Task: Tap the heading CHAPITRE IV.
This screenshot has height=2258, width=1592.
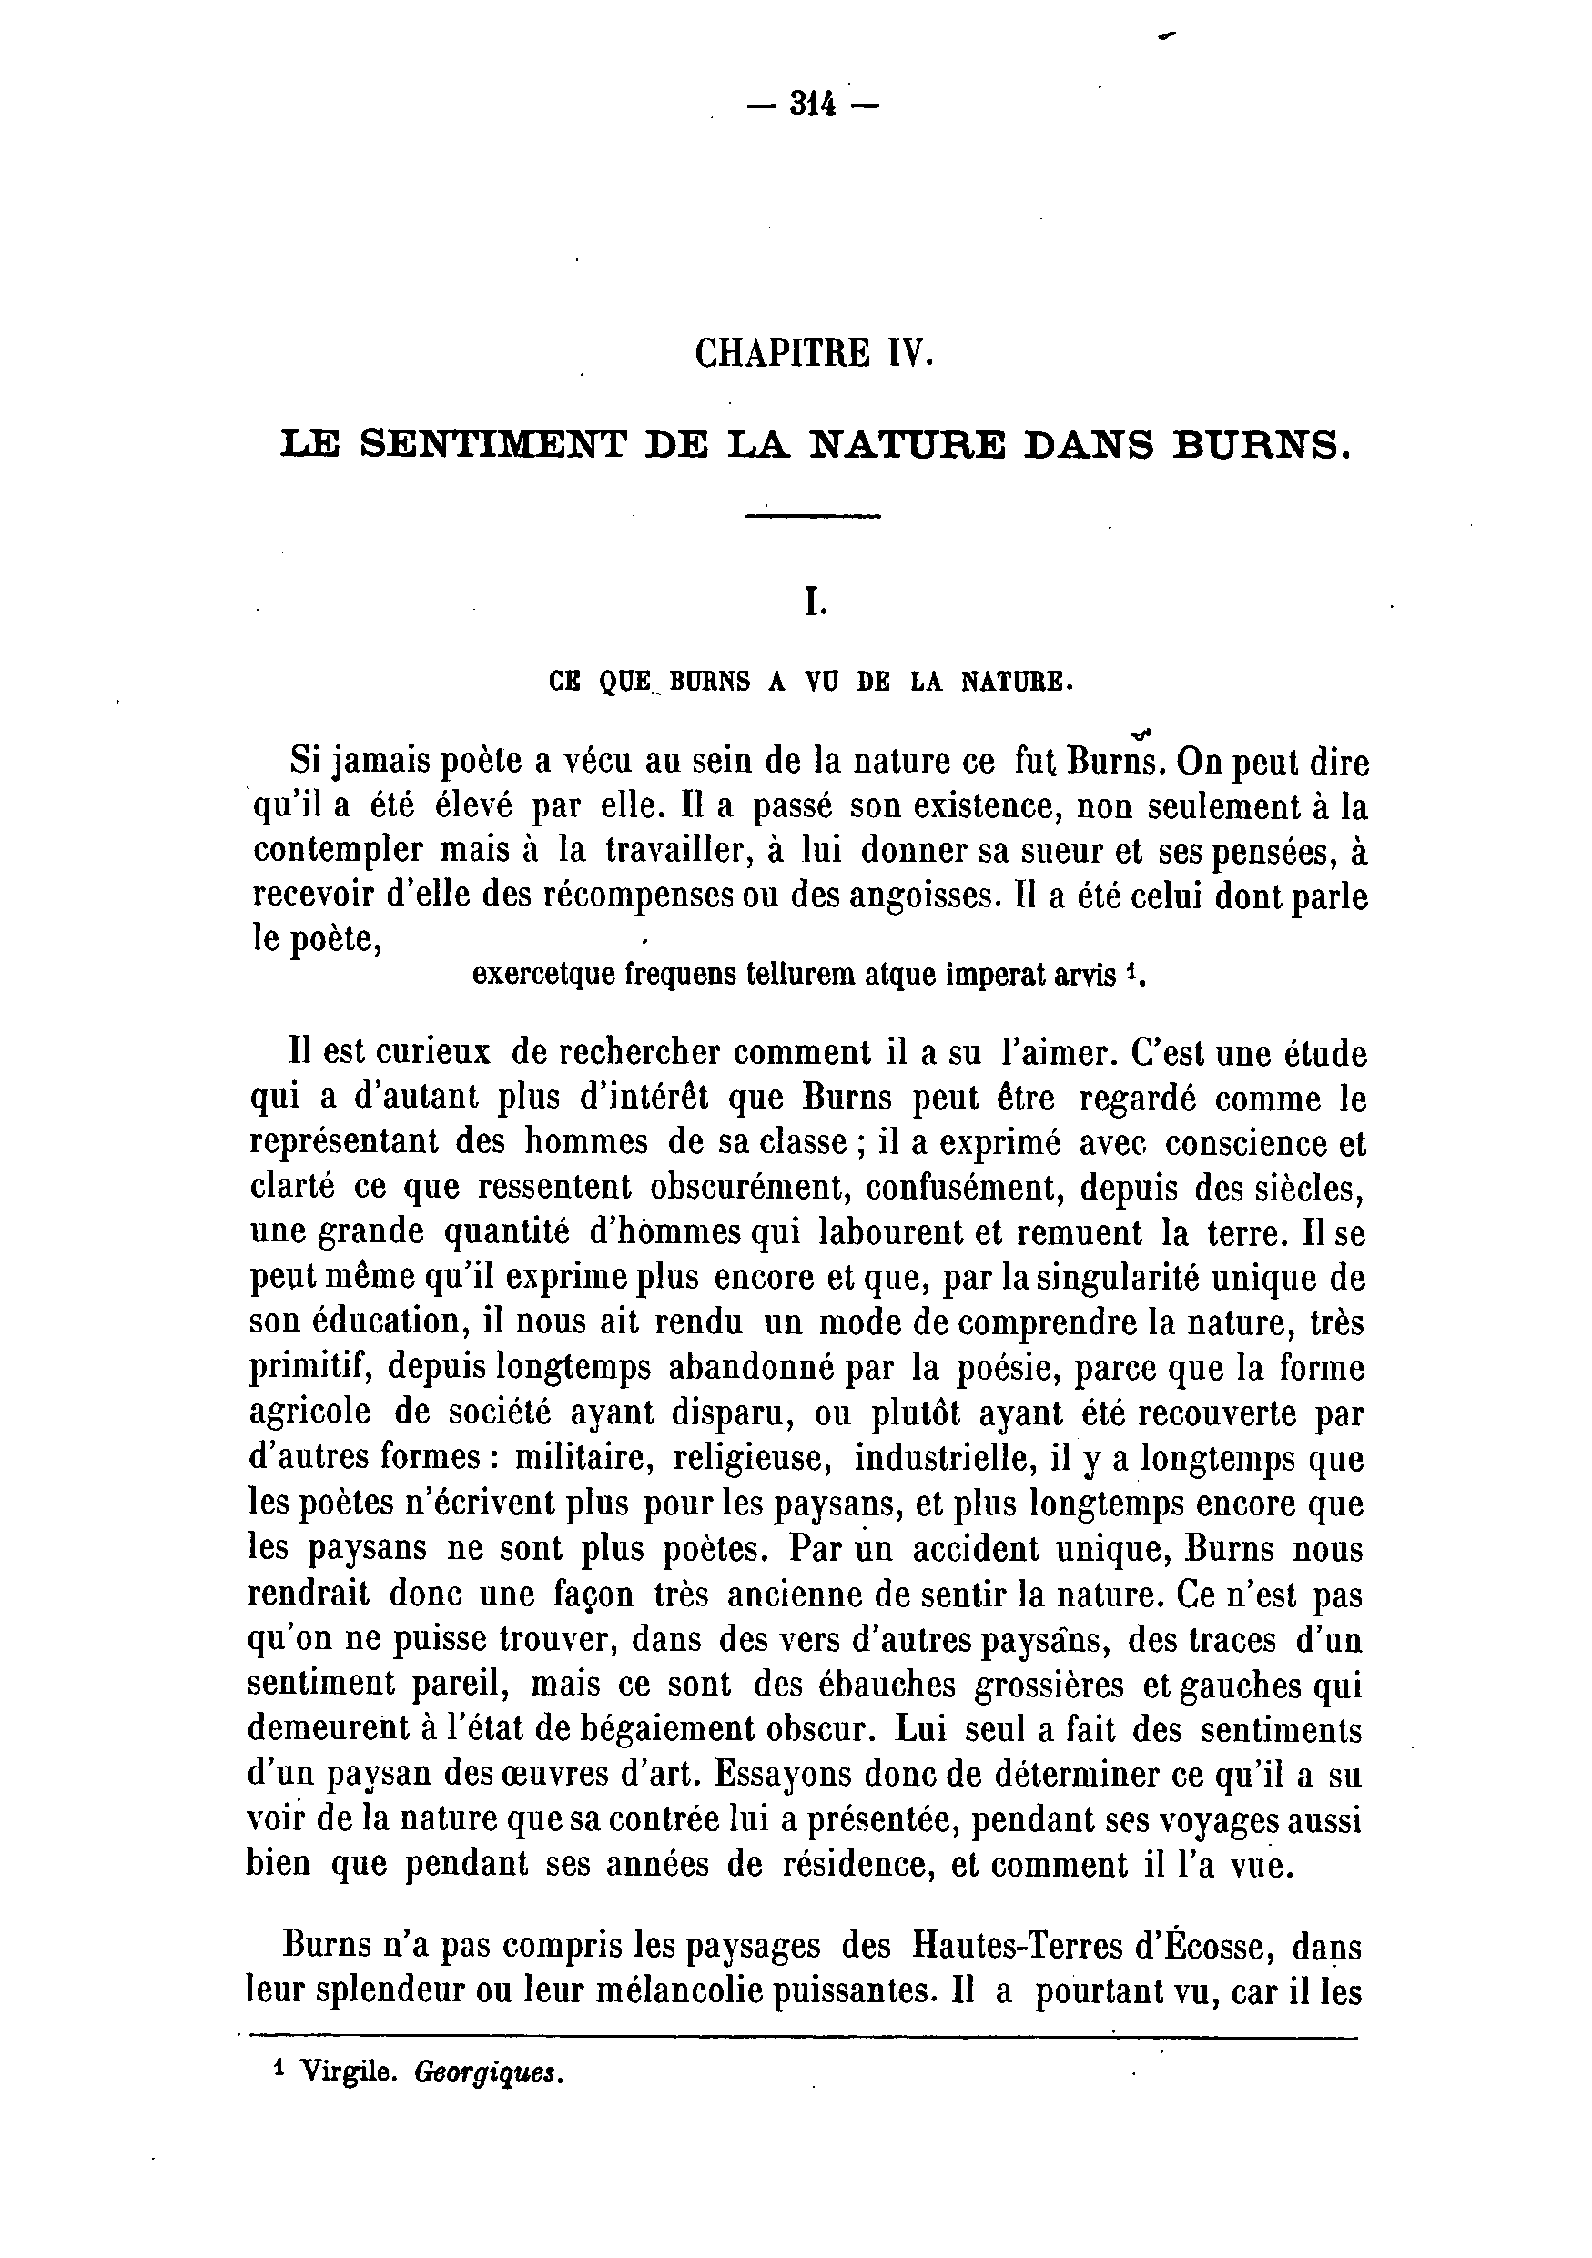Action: (x=812, y=353)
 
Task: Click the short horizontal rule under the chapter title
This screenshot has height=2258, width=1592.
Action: (x=812, y=515)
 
